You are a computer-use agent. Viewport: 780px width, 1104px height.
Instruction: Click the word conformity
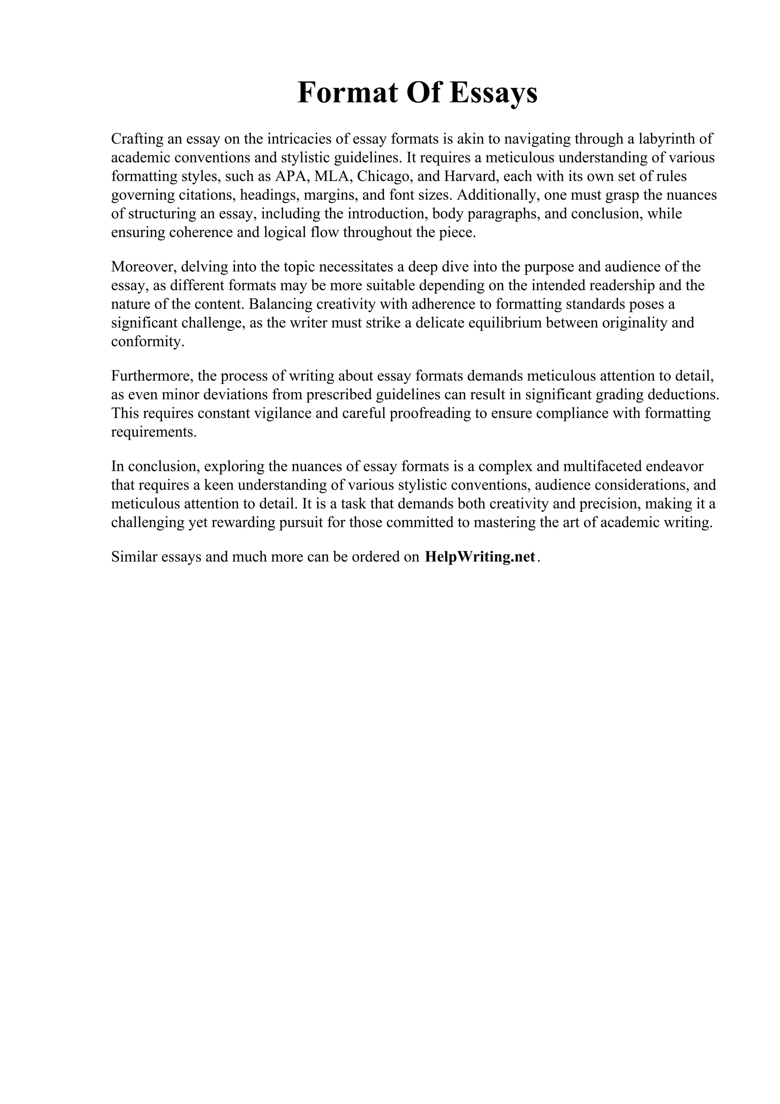coord(147,342)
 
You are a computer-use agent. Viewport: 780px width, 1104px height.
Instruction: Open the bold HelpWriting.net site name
coord(480,557)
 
